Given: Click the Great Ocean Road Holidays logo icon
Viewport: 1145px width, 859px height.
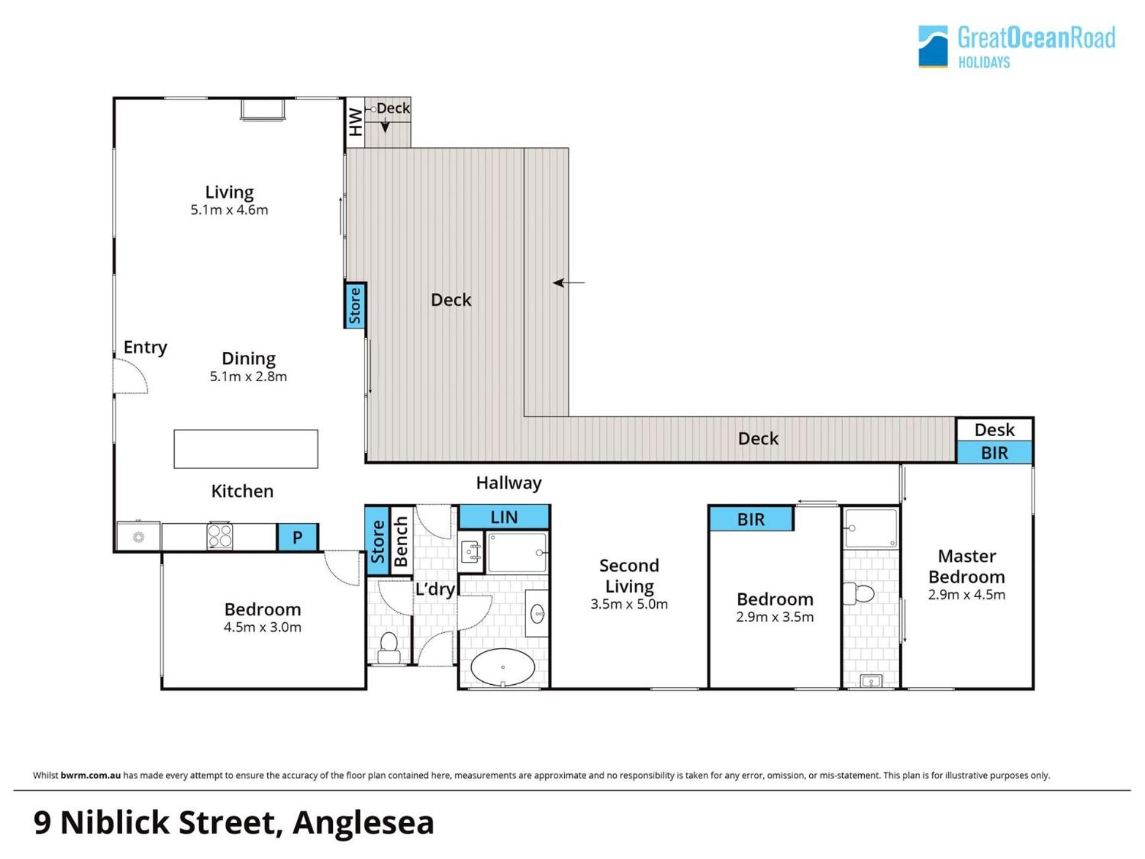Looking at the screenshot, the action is click(933, 46).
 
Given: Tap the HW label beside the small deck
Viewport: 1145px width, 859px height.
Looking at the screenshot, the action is click(355, 122).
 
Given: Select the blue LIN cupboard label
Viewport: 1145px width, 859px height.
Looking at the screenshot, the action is click(504, 517).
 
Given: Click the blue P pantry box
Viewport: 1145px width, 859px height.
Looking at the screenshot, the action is click(298, 537).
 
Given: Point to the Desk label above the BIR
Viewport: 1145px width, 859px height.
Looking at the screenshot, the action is click(994, 429).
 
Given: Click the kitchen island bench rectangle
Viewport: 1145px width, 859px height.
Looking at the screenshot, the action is click(246, 449).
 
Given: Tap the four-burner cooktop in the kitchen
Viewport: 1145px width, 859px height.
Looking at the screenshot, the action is click(219, 535).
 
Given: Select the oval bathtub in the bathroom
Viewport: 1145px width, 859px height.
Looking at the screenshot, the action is click(503, 667).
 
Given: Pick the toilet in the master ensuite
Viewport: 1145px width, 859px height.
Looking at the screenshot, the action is click(859, 594).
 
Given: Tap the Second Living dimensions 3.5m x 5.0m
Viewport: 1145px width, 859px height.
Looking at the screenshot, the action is click(629, 604).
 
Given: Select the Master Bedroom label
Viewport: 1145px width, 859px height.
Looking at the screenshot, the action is click(967, 567).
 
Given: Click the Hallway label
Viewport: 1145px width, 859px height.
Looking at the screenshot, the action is click(509, 483).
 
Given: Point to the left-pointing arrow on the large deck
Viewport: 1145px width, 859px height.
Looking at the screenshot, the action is click(568, 283).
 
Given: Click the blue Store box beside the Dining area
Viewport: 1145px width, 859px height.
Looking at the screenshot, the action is click(355, 305).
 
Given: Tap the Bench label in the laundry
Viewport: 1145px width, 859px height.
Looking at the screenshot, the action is click(401, 541).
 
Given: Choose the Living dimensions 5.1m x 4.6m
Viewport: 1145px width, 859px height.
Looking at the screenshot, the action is click(230, 210).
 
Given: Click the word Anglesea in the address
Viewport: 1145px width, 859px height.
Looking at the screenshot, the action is click(363, 823).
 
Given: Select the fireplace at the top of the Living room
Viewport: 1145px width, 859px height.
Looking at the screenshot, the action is click(262, 110).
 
